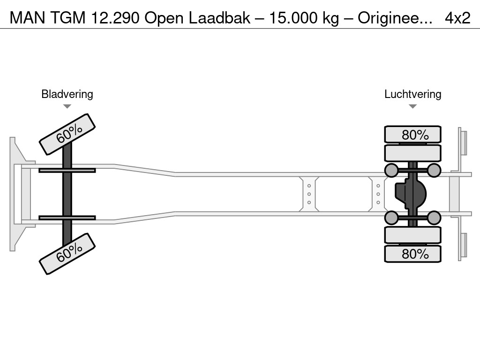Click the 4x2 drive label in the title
click(457, 18)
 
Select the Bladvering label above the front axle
click(67, 94)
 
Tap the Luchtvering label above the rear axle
click(412, 94)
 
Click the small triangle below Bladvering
click(67, 106)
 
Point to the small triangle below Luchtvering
click(412, 106)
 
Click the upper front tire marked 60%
click(67, 134)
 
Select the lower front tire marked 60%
click(67, 254)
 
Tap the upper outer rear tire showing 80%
click(412, 135)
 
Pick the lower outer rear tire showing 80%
click(412, 254)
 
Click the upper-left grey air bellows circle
click(391, 170)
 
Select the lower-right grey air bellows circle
click(434, 217)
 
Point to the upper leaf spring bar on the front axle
click(67, 170)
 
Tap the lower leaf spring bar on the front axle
click(67, 217)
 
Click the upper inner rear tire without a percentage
click(412, 153)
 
